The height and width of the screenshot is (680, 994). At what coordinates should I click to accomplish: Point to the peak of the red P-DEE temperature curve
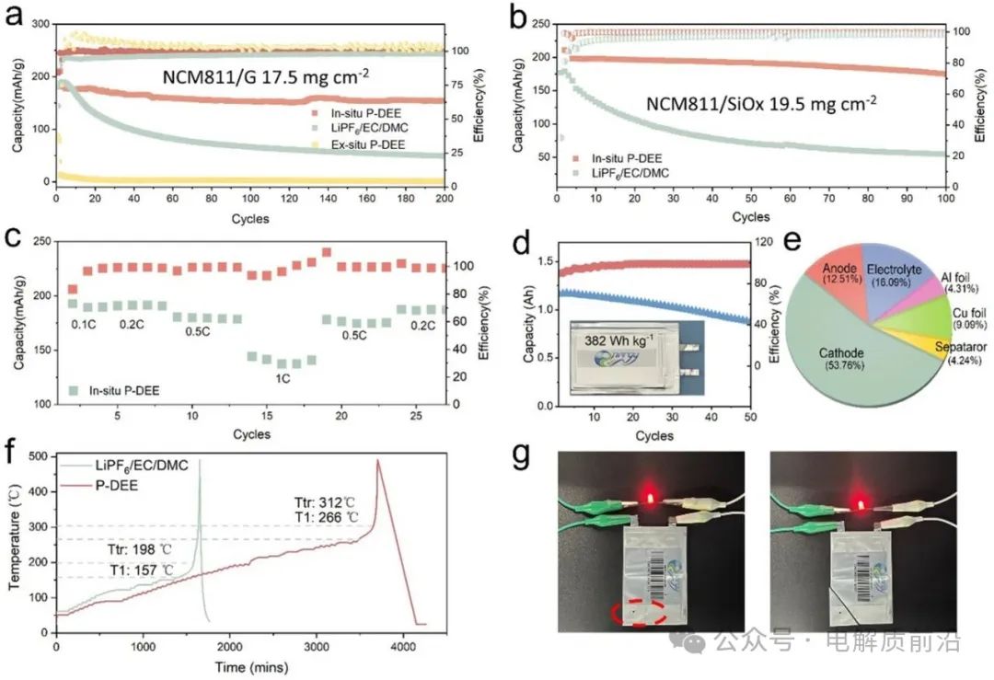[377, 460]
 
